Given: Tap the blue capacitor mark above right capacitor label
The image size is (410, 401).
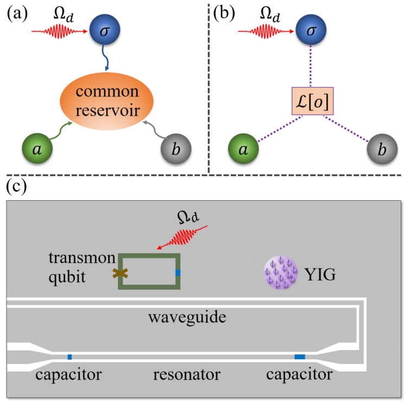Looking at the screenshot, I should [299, 357].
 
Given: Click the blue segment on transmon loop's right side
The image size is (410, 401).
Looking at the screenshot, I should [178, 273].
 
